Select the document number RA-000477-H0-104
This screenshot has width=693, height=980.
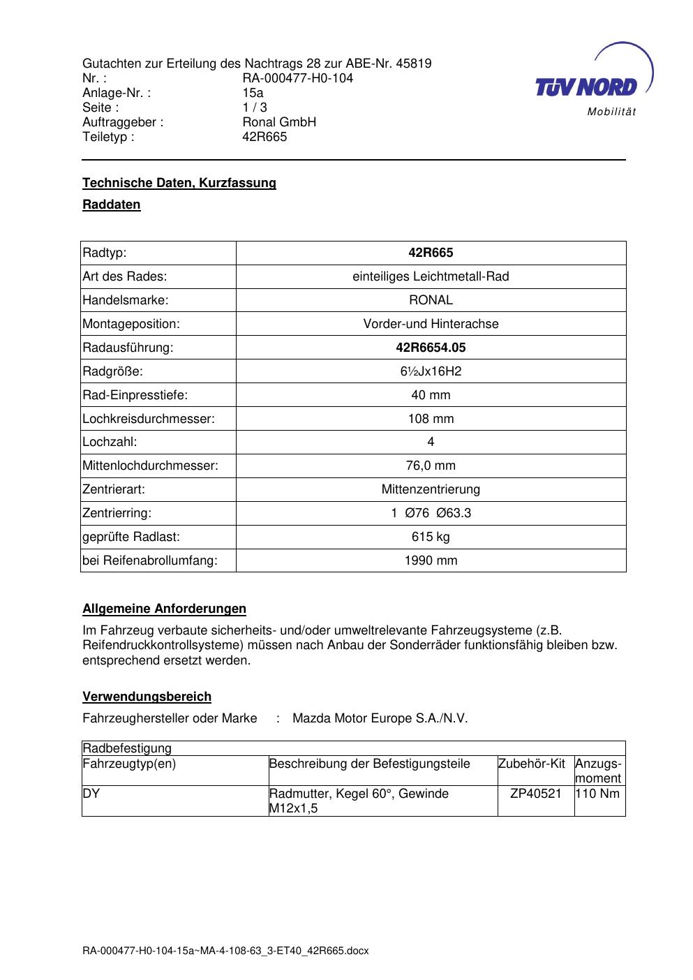click(x=297, y=78)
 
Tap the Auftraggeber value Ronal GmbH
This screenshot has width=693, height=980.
click(x=279, y=122)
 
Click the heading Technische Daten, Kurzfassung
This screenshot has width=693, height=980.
click(x=179, y=183)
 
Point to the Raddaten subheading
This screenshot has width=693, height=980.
click(x=112, y=205)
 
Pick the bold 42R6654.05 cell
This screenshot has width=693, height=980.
click(x=431, y=347)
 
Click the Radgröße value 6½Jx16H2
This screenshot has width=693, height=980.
click(x=431, y=371)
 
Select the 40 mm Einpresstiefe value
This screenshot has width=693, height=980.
click(x=431, y=395)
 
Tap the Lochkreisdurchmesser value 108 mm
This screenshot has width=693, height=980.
click(x=431, y=419)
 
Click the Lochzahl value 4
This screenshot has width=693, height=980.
click(x=431, y=442)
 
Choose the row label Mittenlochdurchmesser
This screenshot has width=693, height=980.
click(x=151, y=466)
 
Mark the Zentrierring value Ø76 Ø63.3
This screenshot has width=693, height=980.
click(x=431, y=513)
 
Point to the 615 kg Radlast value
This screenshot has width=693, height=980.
click(x=431, y=537)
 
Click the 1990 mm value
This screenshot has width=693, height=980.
click(x=431, y=560)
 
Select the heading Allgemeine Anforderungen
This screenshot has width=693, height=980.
click(x=165, y=609)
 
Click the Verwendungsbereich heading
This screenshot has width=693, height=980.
click(x=147, y=697)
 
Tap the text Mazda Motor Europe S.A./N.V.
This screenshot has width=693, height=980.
click(x=380, y=718)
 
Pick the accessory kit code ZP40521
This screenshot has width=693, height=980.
click(x=536, y=794)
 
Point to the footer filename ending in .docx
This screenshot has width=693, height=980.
click(x=225, y=951)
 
